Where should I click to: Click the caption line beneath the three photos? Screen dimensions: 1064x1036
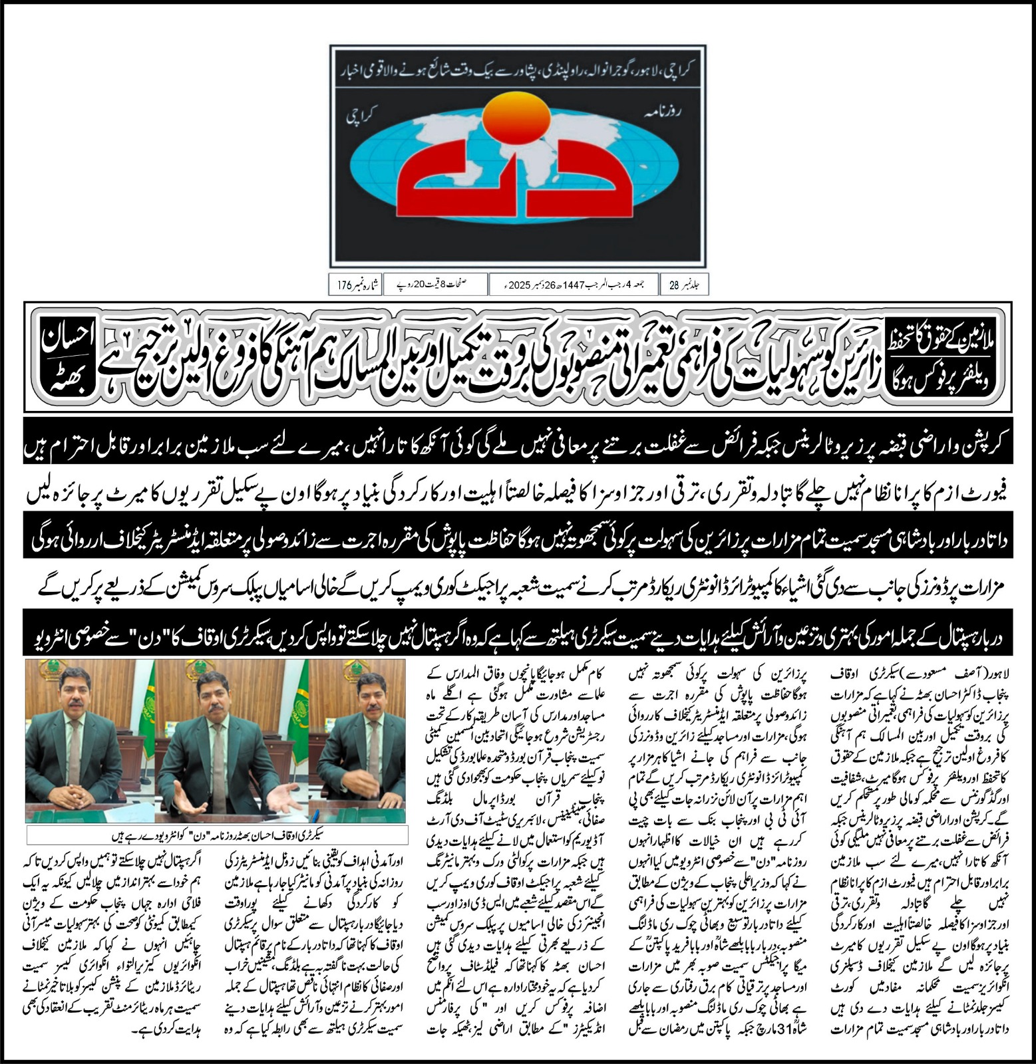(x=216, y=832)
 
